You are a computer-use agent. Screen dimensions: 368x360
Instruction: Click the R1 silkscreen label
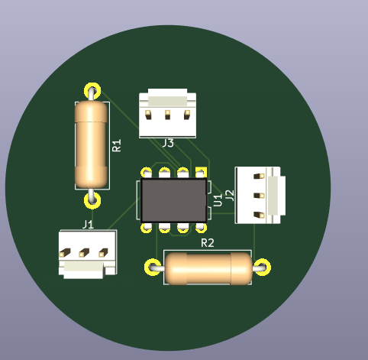tap(117, 145)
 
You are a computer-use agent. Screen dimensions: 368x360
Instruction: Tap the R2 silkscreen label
tap(208, 243)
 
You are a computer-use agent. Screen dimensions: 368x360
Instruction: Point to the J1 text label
tap(88, 225)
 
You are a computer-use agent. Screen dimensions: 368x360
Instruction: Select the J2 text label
tap(230, 196)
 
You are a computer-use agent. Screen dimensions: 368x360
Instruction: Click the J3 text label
tap(168, 143)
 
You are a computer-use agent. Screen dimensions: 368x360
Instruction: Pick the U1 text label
tap(218, 199)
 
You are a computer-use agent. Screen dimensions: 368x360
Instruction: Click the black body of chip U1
tap(173, 200)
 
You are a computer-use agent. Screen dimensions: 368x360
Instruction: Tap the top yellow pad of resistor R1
tap(92, 91)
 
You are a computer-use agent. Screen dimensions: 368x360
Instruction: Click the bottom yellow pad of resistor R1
tap(92, 200)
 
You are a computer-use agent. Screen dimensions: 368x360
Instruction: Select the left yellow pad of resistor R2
tap(153, 267)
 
